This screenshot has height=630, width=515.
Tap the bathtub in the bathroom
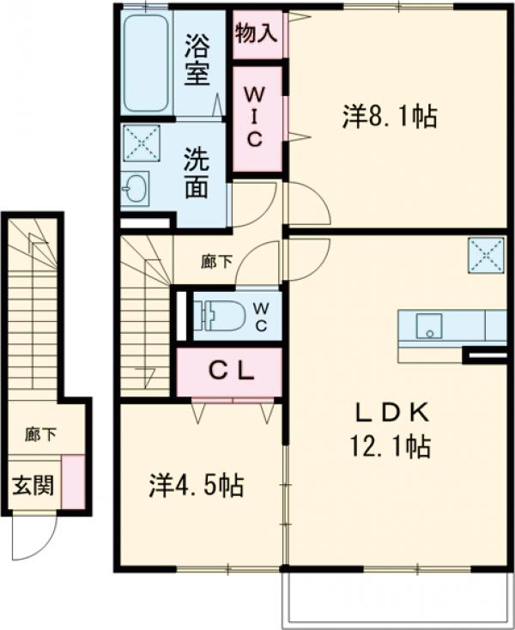(x=146, y=60)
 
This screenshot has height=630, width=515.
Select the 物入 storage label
(x=256, y=33)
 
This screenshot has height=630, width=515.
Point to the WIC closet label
(x=256, y=118)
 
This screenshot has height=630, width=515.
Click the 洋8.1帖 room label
(x=390, y=117)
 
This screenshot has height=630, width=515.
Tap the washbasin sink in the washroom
(x=135, y=188)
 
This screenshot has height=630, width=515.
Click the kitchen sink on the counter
(x=427, y=326)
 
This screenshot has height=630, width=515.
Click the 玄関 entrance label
(x=32, y=486)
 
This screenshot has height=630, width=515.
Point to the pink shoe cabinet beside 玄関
(x=73, y=481)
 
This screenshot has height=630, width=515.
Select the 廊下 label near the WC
(x=216, y=263)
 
